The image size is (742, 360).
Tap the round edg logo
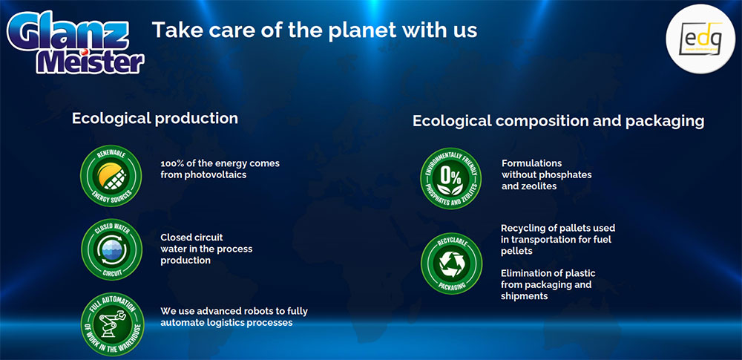click(x=701, y=39)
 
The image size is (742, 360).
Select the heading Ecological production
click(x=155, y=119)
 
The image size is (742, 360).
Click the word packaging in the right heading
click(x=664, y=121)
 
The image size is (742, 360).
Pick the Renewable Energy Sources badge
click(x=111, y=176)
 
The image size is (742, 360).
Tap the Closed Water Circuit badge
click(x=112, y=249)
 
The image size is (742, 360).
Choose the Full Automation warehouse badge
click(x=113, y=324)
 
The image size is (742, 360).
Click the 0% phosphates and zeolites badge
click(x=450, y=178)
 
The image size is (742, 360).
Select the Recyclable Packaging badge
click(x=451, y=264)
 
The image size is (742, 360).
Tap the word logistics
click(x=222, y=323)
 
